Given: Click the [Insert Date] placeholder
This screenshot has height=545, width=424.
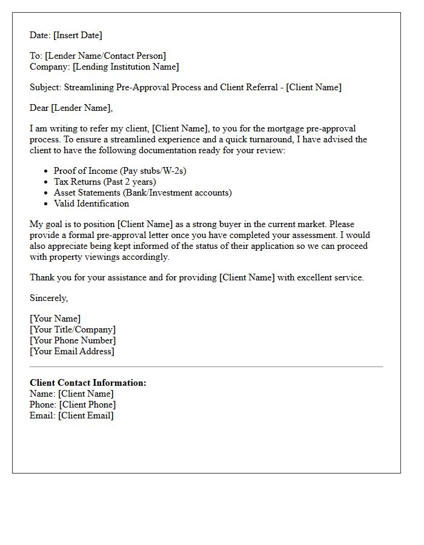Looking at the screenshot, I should (78, 35).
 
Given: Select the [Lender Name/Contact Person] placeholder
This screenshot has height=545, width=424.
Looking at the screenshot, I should (105, 56).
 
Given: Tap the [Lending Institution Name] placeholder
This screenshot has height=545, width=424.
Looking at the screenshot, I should (124, 67).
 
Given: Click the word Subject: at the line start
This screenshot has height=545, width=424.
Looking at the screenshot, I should (45, 87).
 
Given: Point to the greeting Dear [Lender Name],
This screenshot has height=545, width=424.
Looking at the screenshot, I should (71, 108).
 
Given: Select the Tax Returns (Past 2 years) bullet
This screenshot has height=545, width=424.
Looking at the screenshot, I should (105, 182).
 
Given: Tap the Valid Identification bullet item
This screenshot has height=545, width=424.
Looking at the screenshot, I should (91, 204).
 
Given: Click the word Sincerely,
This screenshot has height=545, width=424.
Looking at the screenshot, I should (49, 298).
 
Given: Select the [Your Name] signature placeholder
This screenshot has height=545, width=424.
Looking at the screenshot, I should (55, 319).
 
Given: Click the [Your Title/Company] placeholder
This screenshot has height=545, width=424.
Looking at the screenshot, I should (73, 330).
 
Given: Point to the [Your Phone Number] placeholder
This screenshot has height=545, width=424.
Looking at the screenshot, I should (73, 341).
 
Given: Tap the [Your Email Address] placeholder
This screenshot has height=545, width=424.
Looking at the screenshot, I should (72, 352).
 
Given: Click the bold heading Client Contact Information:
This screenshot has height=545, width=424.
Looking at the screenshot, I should (88, 383).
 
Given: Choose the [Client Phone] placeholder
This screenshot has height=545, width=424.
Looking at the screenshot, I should (87, 405).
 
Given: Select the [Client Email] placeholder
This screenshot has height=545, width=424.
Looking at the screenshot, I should (85, 416).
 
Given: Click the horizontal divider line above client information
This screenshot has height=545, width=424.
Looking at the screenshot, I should (206, 367).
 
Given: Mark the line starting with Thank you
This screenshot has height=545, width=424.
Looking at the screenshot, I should (197, 277).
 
